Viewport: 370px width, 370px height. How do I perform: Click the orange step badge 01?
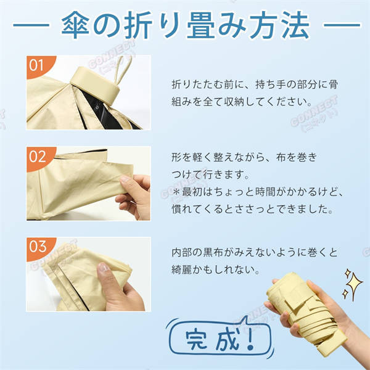[x=39, y=65]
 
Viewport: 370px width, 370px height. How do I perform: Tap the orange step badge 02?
[x=39, y=157]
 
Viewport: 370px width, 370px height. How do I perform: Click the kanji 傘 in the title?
[x=75, y=25]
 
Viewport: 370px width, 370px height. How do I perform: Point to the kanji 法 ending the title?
[x=295, y=25]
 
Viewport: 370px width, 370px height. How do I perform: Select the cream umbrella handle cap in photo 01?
[x=95, y=85]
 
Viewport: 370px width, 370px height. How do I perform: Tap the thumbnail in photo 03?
[x=104, y=268]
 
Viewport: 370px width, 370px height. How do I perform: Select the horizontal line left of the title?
[x=31, y=25]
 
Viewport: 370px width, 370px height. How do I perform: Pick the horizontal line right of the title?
[x=342, y=25]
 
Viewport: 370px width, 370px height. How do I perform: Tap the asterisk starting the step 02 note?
[x=176, y=192]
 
